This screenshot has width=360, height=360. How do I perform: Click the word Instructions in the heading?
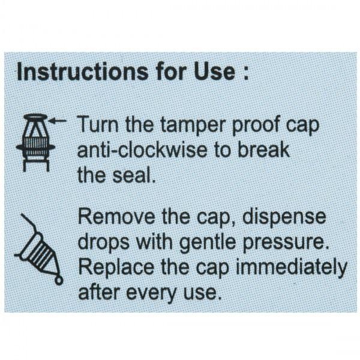(x=83, y=72)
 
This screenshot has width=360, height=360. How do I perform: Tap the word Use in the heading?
(x=215, y=72)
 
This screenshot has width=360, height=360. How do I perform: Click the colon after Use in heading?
(x=246, y=74)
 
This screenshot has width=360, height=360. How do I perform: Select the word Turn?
(x=98, y=124)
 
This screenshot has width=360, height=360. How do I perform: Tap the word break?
(x=263, y=149)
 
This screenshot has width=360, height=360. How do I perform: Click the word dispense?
(x=284, y=218)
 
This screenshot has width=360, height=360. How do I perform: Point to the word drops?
(x=104, y=242)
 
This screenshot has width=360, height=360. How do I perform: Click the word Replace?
(x=116, y=268)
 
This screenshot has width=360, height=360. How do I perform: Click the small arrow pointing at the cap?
(x=58, y=121)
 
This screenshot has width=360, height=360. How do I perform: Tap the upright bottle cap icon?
(x=35, y=143)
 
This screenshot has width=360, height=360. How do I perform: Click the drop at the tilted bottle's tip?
(x=59, y=280)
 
